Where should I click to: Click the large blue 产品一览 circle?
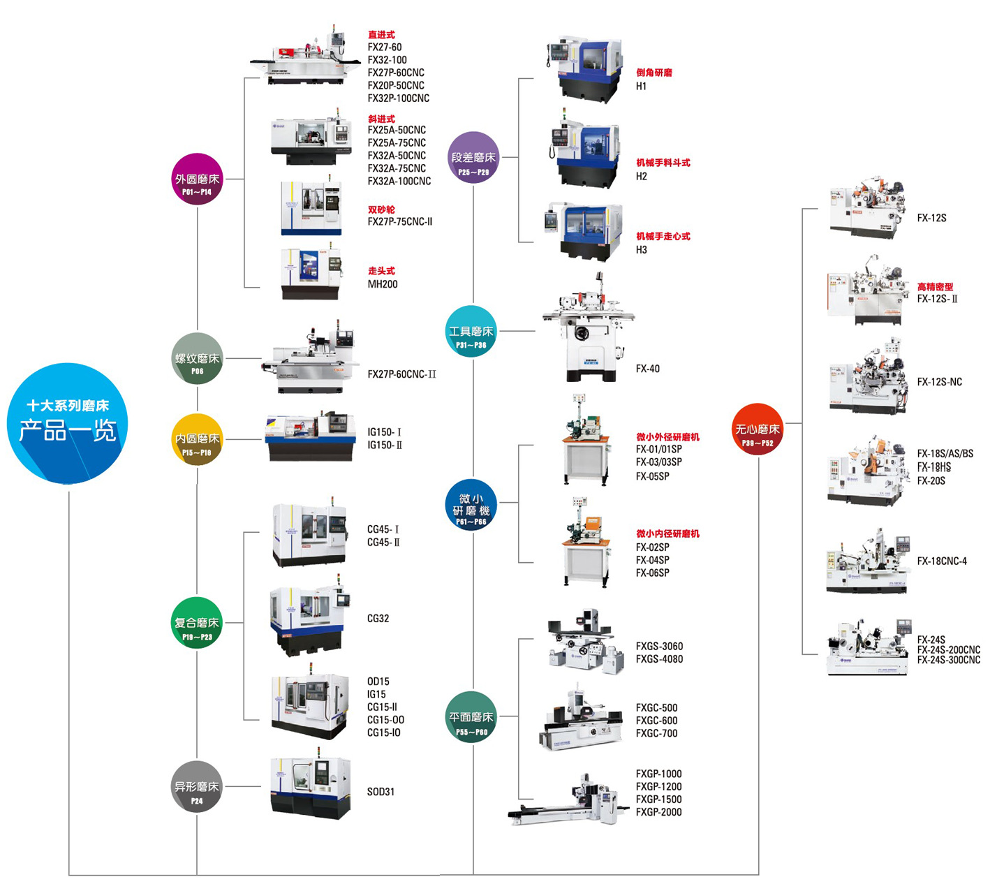tap(68, 423)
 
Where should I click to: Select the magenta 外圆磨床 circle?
tap(198, 179)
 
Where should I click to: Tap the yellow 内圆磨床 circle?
tap(198, 439)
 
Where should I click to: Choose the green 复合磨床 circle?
tap(198, 623)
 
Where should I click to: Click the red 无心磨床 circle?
tap(758, 429)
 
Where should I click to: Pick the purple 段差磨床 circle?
tap(473, 158)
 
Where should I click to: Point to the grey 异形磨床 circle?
tap(198, 787)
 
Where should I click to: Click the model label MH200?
tap(383, 284)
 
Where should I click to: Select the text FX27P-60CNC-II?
tap(401, 374)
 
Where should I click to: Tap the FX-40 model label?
tap(647, 369)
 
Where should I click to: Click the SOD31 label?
tap(381, 792)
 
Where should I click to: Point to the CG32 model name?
tap(378, 619)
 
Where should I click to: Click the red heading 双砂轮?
tap(381, 209)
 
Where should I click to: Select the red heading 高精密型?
tap(935, 286)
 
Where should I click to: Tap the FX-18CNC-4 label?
tap(942, 561)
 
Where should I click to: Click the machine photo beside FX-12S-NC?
tap(868, 379)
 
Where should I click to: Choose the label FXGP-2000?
tap(658, 812)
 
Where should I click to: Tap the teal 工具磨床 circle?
tap(472, 332)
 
